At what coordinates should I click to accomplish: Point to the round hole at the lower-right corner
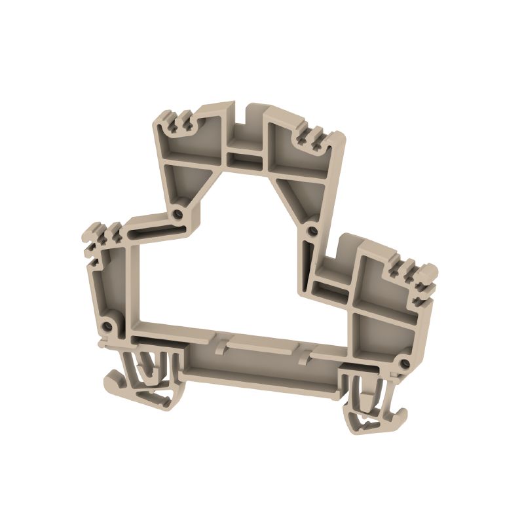pos(405,364)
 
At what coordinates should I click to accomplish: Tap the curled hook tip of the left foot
pos(113,382)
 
